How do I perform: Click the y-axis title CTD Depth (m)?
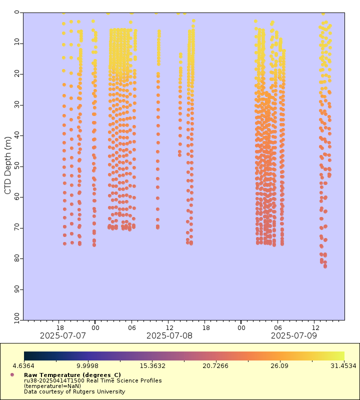pyautogui.click(x=7, y=166)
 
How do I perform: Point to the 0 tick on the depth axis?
pyautogui.click(x=17, y=12)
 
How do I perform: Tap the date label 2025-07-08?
pyautogui.click(x=169, y=335)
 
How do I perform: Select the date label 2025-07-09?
pyautogui.click(x=294, y=335)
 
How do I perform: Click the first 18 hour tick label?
pyautogui.click(x=59, y=327)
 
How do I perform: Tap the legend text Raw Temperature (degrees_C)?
pyautogui.click(x=72, y=374)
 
